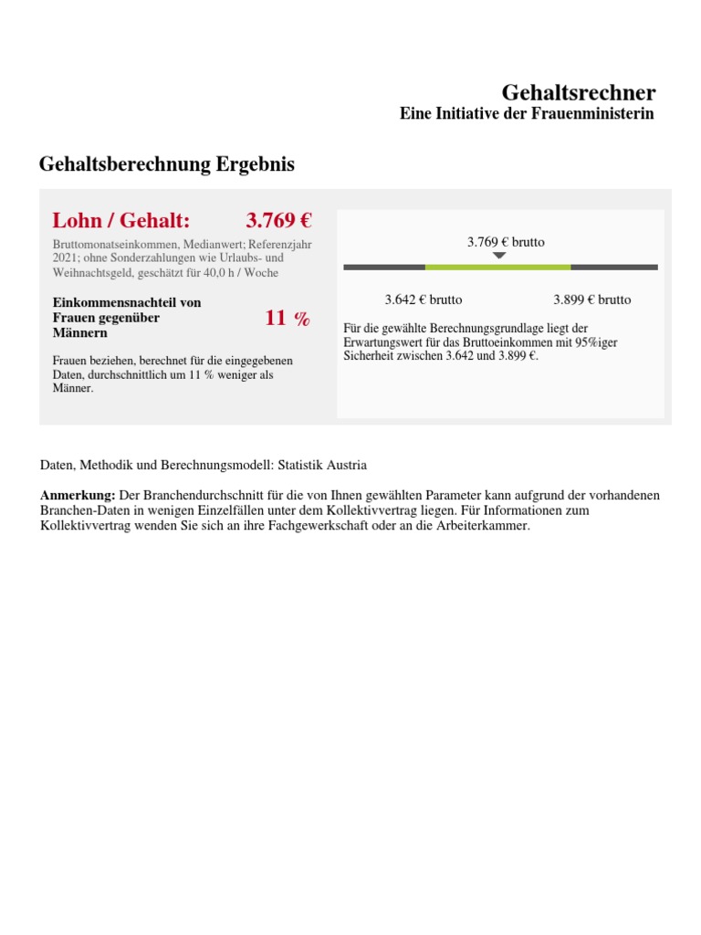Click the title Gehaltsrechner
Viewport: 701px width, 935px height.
[x=578, y=92]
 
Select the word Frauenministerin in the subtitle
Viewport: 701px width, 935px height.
[x=592, y=114]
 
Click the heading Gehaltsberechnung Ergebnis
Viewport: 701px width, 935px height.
[x=166, y=164]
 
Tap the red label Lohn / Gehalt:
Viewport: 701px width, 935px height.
[x=121, y=220]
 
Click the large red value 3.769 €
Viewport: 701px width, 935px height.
[x=278, y=220]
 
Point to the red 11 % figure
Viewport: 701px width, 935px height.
[x=288, y=318]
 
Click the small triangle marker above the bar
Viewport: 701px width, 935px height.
[x=498, y=256]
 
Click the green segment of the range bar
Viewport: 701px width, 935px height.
[x=497, y=267]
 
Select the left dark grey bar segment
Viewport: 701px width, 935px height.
[x=383, y=267]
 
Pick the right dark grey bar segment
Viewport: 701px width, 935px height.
[x=613, y=267]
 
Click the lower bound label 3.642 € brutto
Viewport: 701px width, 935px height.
[x=423, y=299]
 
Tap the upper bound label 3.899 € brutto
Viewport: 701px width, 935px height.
[x=591, y=299]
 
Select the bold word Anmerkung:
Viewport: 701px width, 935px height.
[x=78, y=495]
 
